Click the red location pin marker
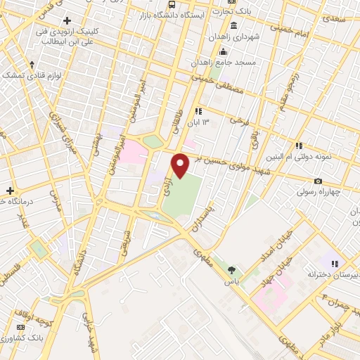click(181, 165)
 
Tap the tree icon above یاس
click(232, 269)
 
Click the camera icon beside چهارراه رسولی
click(319, 181)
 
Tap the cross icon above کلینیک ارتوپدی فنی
click(67, 21)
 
